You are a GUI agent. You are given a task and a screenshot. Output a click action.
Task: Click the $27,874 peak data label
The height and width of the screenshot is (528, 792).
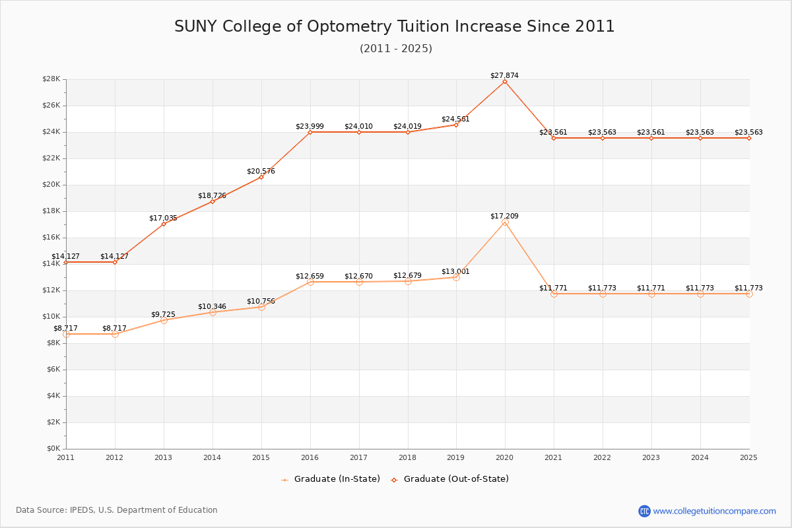point(504,75)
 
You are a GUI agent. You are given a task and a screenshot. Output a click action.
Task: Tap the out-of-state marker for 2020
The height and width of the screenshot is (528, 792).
point(505,81)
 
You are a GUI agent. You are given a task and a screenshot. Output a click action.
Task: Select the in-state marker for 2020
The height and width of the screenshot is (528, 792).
point(505,222)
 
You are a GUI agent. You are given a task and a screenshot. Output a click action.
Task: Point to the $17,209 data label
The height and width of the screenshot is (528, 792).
point(504,216)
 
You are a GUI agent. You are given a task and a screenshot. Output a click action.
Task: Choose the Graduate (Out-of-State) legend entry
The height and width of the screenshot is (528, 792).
point(450,479)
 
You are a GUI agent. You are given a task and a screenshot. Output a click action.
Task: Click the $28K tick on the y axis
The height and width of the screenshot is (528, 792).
point(51,79)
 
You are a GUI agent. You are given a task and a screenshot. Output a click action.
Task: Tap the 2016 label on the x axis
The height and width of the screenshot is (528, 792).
point(310,457)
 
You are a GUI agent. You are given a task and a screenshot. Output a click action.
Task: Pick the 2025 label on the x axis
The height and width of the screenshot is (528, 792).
point(748,457)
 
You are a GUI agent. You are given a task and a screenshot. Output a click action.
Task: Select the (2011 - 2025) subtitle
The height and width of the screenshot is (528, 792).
point(396,48)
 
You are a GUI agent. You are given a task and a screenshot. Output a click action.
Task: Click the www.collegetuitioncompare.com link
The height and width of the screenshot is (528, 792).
point(714,511)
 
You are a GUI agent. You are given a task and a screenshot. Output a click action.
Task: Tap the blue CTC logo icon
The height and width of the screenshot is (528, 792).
point(644,511)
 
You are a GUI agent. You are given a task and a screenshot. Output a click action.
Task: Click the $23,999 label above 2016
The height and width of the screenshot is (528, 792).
point(310,126)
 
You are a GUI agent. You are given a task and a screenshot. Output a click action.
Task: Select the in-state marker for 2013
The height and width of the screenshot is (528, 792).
point(164,320)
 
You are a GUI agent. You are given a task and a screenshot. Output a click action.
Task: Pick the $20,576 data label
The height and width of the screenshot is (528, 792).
point(261,171)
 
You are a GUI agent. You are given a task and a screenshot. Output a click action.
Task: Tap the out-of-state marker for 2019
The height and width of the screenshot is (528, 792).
point(456,125)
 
